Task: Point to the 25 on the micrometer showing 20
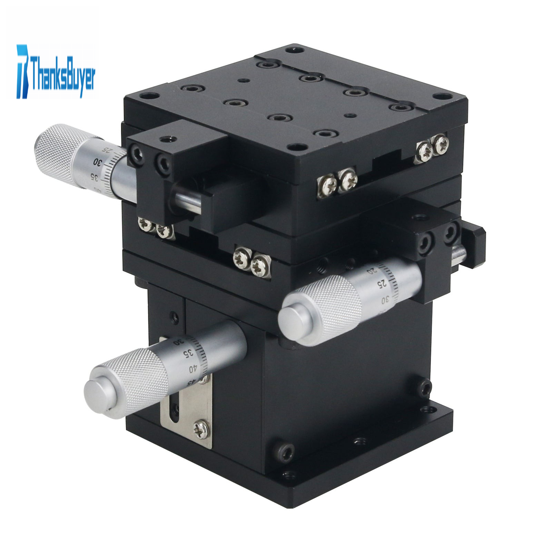point(381,284)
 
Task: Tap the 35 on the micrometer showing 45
point(188,354)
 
